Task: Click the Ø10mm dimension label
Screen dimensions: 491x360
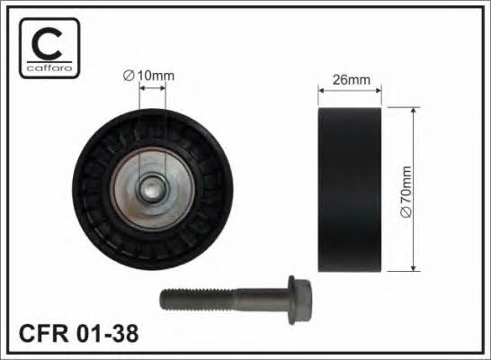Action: tap(148, 76)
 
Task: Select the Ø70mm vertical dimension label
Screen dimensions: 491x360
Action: tap(406, 192)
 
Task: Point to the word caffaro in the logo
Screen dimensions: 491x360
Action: tap(49, 68)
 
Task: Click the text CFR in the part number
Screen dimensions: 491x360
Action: tap(43, 333)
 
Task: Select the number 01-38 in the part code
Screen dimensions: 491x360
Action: tap(107, 333)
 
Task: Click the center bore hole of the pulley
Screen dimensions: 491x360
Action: tap(152, 189)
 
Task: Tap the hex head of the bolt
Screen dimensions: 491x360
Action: tap(300, 300)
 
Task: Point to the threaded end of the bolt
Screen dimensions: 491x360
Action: tap(197, 300)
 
